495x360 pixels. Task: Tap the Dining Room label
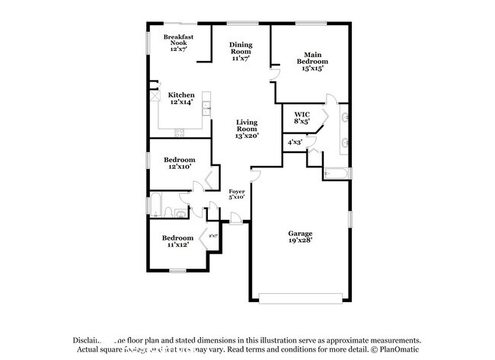pyautogui.click(x=241, y=50)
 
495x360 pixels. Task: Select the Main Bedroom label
pyautogui.click(x=312, y=60)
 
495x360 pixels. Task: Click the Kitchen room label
pyautogui.click(x=181, y=98)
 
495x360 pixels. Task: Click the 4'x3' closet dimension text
pyautogui.click(x=295, y=142)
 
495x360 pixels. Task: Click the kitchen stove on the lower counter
pyautogui.click(x=180, y=133)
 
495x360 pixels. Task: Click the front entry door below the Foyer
pyautogui.click(x=237, y=221)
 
